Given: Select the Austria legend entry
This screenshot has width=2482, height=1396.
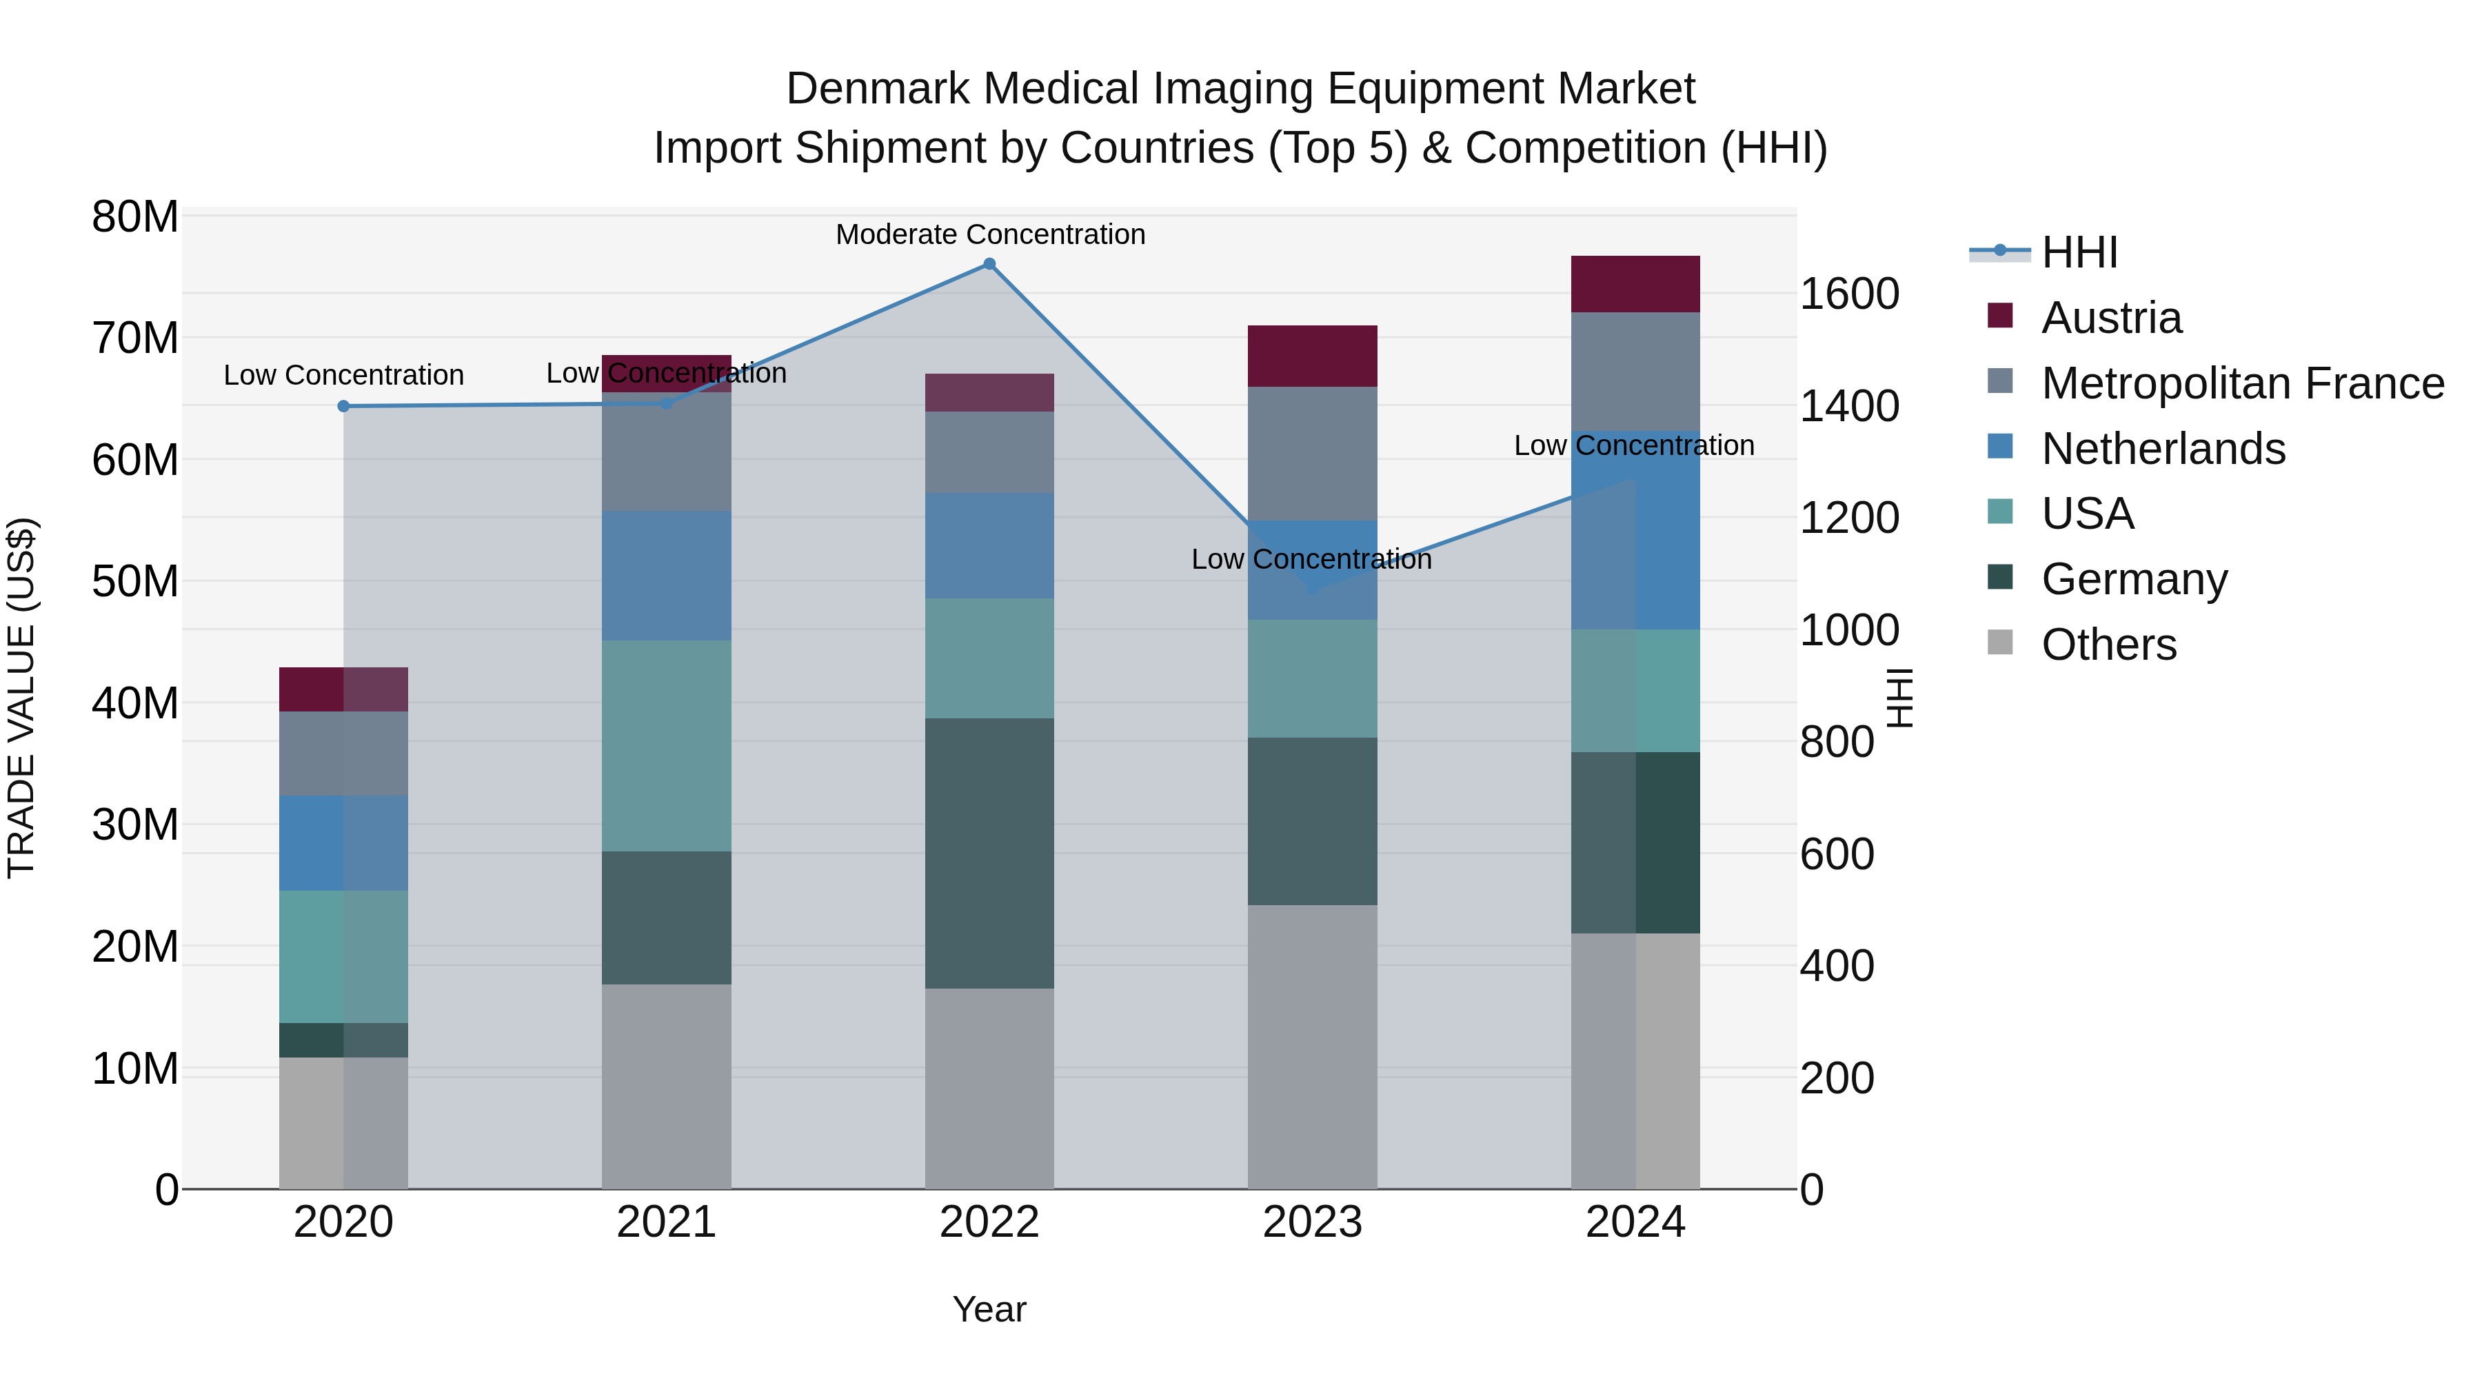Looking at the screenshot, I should click(2110, 318).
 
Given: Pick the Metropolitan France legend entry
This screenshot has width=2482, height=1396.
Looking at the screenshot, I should click(2241, 383).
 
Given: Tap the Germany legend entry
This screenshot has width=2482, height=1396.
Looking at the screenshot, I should click(2133, 579).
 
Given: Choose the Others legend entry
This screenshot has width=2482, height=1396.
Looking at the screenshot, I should click(2108, 645).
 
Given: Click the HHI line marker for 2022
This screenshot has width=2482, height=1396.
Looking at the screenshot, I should click(989, 264).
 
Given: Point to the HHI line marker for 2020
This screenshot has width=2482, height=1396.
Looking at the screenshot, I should click(344, 407).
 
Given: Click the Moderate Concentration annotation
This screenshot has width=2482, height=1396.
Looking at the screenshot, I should click(989, 234).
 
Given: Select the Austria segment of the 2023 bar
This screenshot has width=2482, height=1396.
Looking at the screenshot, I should click(1312, 356).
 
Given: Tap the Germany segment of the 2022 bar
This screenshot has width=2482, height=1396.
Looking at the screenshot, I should click(989, 853).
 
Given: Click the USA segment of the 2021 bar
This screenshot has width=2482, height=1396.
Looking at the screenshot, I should click(667, 746).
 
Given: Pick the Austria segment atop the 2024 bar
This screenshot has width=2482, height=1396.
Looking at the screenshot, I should click(1635, 284).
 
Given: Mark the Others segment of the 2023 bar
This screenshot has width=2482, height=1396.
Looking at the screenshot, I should click(1312, 1046).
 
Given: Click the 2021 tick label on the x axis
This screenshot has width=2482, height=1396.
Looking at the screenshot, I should click(667, 1222).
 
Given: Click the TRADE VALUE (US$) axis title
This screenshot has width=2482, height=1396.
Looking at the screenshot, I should click(21, 698).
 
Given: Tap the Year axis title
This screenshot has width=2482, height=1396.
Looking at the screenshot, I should click(989, 1309).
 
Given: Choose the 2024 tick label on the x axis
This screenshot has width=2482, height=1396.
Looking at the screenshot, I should click(1635, 1222).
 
